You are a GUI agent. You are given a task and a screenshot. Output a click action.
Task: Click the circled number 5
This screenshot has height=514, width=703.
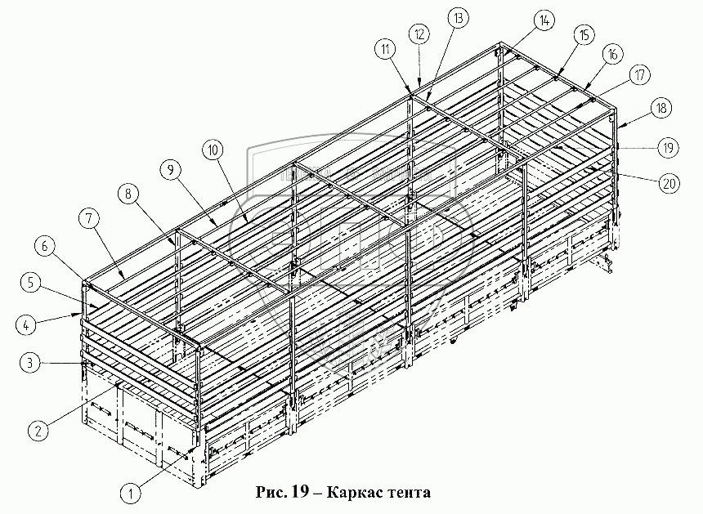(30, 283)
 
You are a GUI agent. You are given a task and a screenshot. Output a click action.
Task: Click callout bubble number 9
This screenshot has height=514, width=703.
(170, 170)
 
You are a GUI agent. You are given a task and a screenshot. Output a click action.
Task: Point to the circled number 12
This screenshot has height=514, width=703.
(419, 34)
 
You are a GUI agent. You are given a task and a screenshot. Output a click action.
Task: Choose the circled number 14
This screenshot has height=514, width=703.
(543, 20)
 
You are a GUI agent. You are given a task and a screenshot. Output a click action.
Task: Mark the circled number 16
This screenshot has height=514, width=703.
(611, 55)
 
